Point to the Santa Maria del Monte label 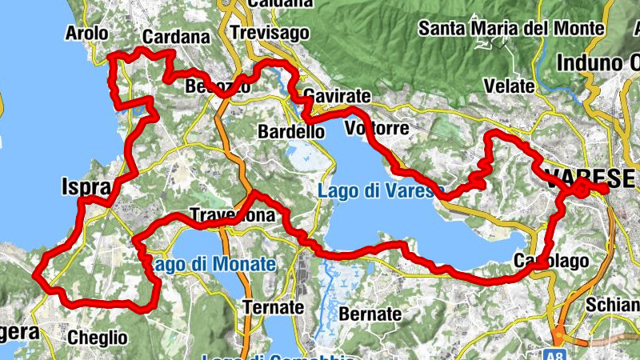[x=511, y=30]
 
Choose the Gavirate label [x=336, y=96]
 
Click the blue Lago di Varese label [x=375, y=192]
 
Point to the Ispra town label [x=85, y=187]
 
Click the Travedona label [x=232, y=216]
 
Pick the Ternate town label [x=274, y=308]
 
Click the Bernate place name [x=370, y=314]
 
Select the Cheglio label [x=98, y=337]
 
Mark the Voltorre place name [x=376, y=129]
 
